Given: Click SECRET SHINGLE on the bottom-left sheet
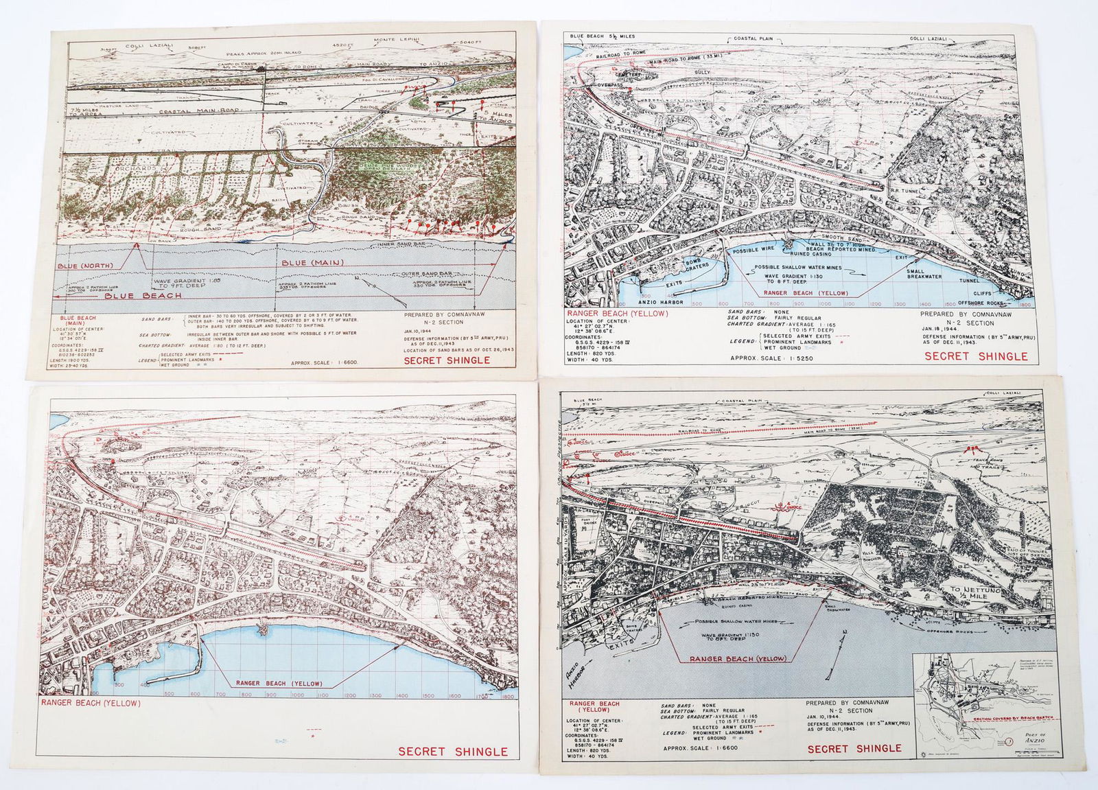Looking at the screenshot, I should (453, 752).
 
